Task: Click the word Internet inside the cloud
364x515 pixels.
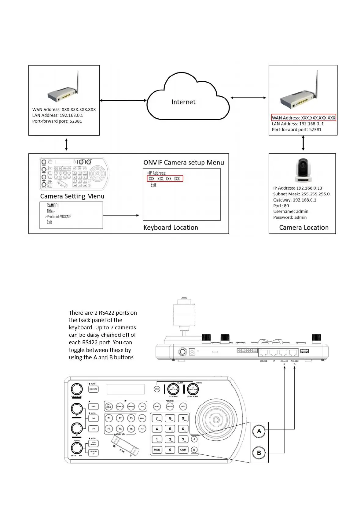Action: tap(183, 102)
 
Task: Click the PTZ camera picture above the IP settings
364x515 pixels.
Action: tap(303, 171)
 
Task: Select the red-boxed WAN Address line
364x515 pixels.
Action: tap(303, 118)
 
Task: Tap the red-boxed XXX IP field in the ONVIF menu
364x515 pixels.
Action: tap(165, 179)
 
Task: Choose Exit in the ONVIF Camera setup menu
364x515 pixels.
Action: tap(153, 185)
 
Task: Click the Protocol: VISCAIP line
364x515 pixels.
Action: tap(59, 217)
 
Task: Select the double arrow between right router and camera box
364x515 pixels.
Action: tap(303, 143)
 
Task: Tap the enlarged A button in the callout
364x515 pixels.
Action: tap(259, 431)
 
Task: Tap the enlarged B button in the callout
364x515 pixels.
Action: tap(259, 453)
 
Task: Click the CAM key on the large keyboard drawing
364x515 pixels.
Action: tap(183, 450)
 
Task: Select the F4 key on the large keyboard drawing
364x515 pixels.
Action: tap(109, 429)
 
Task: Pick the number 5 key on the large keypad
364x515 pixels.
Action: tap(170, 429)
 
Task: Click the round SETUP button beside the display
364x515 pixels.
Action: tap(157, 389)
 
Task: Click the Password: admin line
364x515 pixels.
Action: tap(290, 217)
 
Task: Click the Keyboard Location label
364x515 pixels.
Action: tap(171, 228)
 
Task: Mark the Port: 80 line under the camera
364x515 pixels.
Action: tap(281, 206)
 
